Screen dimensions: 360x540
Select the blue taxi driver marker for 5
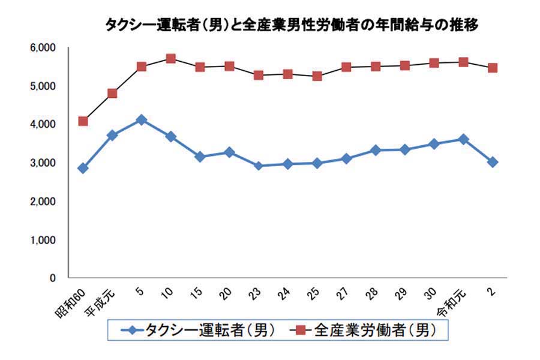click(142, 120)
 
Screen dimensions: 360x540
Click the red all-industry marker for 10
click(170, 59)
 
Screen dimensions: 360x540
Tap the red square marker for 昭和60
click(83, 121)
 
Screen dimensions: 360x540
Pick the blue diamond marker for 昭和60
click(83, 168)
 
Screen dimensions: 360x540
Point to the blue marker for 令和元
click(463, 139)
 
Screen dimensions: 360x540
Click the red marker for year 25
click(317, 76)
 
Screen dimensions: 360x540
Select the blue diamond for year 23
click(259, 166)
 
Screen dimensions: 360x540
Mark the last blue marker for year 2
click(493, 162)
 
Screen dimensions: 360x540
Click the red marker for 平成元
click(112, 93)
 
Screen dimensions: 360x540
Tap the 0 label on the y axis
click(52, 278)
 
